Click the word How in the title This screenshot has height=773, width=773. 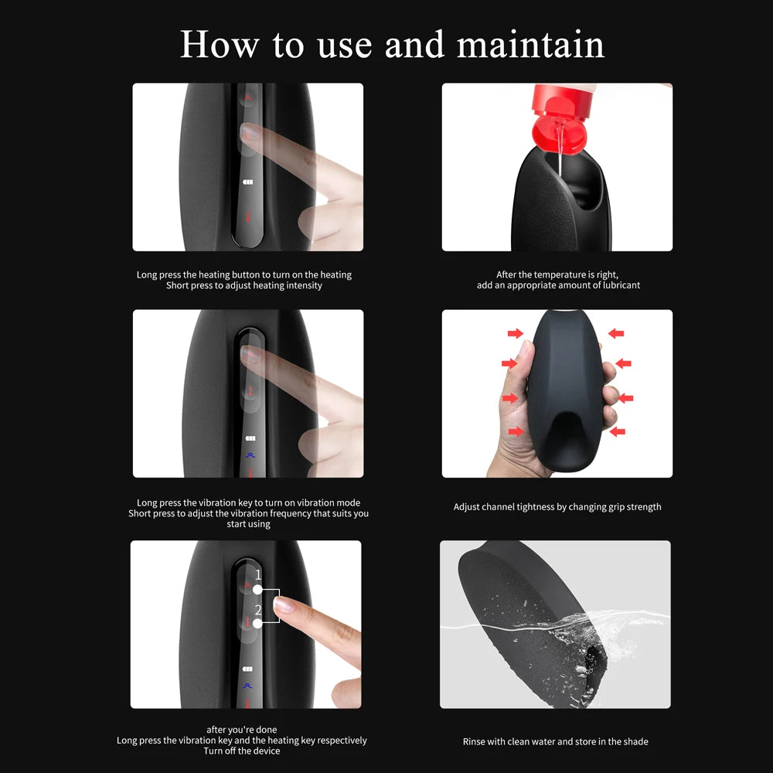220,44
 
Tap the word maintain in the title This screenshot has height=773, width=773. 530,44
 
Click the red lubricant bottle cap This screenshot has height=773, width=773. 561,119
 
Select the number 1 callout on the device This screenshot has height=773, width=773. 258,574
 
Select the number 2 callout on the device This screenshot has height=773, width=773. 258,610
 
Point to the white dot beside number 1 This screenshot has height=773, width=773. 257,589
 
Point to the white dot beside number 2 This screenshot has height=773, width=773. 257,624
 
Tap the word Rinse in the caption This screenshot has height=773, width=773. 474,741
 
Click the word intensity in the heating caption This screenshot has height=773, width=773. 304,285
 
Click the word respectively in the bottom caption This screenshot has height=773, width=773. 342,741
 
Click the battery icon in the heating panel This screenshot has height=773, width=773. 247,182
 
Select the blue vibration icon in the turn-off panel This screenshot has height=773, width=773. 247,686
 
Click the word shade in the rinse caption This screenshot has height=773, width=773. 635,741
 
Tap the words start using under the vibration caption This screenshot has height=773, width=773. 248,524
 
